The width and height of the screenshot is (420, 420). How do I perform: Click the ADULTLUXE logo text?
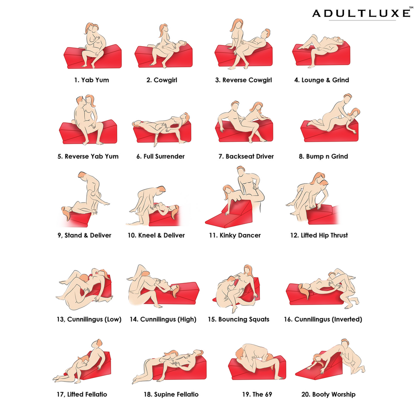point(361,13)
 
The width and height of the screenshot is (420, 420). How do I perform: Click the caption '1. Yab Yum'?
point(92,80)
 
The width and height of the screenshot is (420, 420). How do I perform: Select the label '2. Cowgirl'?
point(162,80)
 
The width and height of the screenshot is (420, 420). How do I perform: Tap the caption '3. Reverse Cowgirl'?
point(244,80)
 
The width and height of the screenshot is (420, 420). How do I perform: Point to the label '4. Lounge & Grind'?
point(322,80)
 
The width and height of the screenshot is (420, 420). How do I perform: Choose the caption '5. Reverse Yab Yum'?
point(88,156)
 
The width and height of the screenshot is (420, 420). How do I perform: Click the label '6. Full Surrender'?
point(160,156)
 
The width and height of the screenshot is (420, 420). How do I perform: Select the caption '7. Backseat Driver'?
point(246,156)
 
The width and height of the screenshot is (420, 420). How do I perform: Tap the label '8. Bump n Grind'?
point(323,156)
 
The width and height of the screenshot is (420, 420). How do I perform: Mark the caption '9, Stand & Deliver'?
point(84,236)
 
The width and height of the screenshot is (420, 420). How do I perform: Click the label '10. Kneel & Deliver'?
point(156,236)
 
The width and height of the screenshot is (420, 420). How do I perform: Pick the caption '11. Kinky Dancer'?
point(235,236)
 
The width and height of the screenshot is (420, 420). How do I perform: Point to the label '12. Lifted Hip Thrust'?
point(319,236)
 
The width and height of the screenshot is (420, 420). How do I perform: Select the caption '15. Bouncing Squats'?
point(239,319)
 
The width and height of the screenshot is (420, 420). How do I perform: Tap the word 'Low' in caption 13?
point(113,319)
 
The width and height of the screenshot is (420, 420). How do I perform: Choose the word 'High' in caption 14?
point(187,319)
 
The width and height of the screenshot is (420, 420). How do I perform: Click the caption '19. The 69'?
point(257,394)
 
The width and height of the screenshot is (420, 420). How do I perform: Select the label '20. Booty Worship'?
point(328,394)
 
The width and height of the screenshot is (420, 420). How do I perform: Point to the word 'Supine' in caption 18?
point(164,394)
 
